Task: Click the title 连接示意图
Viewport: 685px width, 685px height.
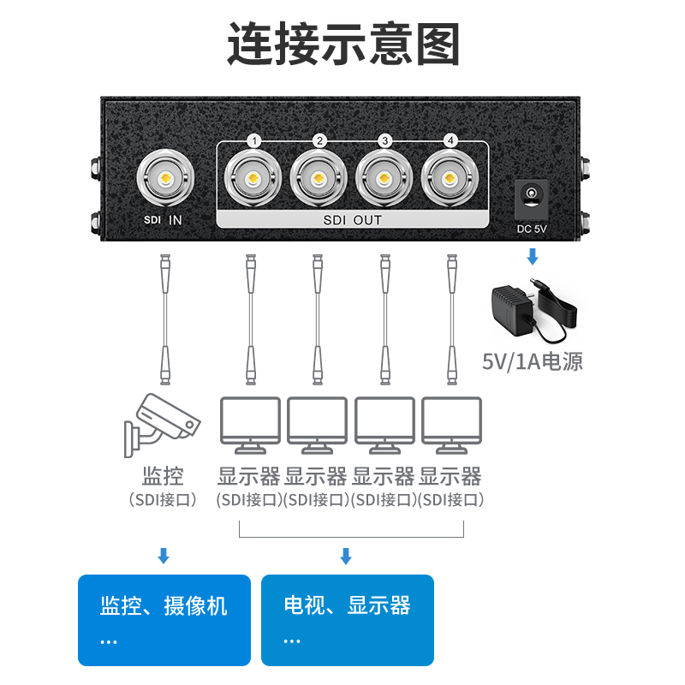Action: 342,44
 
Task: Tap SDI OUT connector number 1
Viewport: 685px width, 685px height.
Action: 253,180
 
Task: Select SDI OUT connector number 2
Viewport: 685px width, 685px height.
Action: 319,180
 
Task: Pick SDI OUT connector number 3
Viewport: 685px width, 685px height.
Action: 384,180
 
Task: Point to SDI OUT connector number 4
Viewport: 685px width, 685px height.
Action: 450,180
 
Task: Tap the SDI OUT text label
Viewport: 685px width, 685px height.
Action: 352,220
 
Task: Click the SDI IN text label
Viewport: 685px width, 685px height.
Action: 163,220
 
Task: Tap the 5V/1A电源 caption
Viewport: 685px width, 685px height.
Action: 533,361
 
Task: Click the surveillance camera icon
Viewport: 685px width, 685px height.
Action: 160,423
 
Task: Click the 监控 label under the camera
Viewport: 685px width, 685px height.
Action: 163,476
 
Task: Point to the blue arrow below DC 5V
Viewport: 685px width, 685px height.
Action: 533,256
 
